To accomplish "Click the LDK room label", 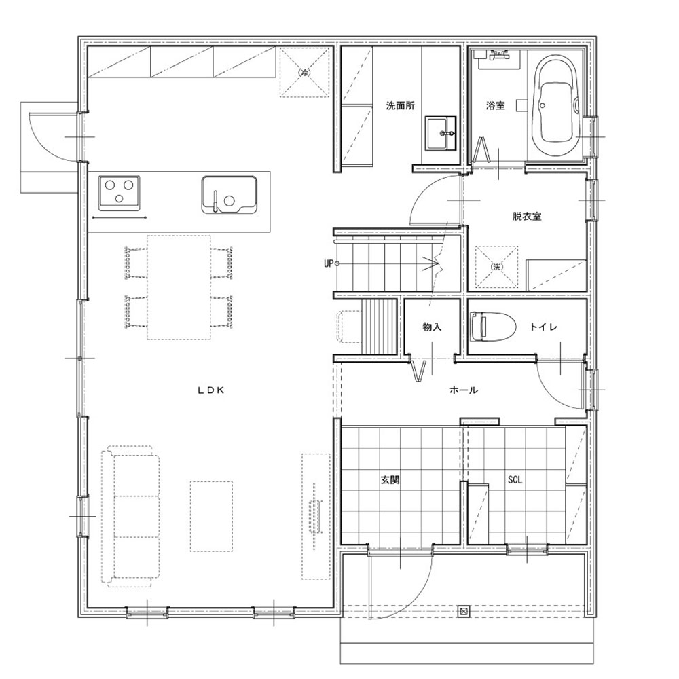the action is click(x=211, y=390).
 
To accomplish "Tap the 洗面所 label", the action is click(x=401, y=105).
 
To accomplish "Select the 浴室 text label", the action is click(x=496, y=105).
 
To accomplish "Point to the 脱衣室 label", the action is click(x=527, y=216).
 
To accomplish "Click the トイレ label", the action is click(x=543, y=327).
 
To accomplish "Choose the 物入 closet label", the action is click(x=432, y=327).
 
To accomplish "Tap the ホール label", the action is click(x=464, y=390).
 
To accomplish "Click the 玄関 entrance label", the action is click(x=390, y=480).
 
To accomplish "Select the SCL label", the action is click(x=515, y=480).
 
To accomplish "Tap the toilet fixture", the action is click(x=493, y=327).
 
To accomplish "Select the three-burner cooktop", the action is click(x=119, y=192).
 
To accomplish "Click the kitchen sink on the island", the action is click(x=229, y=194).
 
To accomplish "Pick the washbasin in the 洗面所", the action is click(x=440, y=133).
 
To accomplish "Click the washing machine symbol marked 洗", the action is click(x=497, y=267).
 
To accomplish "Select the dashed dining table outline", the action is click(x=179, y=287).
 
